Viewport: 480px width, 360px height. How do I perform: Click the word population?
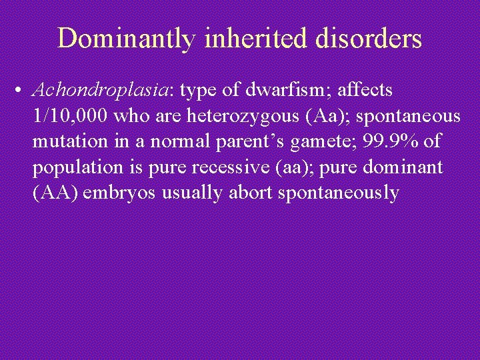pyautogui.click(x=73, y=167)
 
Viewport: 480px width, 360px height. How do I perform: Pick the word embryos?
pyautogui.click(x=114, y=193)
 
